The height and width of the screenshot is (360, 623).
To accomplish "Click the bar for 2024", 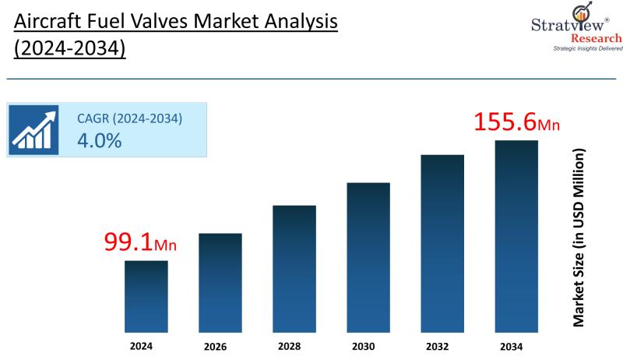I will coord(146,295).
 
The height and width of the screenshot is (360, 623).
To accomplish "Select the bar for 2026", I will coord(220,282).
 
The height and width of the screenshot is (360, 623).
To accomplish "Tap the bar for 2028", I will coord(294,268).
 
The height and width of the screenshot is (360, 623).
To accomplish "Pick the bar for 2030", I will coord(368,256).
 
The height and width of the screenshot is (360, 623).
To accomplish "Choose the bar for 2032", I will coord(442,242).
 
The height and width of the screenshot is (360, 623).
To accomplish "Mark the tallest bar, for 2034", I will coord(516,235).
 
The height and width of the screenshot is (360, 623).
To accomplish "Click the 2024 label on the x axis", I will coord(143,344).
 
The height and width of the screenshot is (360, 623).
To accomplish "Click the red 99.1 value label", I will coord(128,242).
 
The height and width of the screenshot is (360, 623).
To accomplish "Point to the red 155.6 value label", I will coord(506,122).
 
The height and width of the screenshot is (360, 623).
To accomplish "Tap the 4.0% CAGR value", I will coord(99,140).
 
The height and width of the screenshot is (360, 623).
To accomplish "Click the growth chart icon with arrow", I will coord(33,129).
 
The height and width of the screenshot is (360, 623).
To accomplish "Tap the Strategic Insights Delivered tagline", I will coord(587,48).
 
